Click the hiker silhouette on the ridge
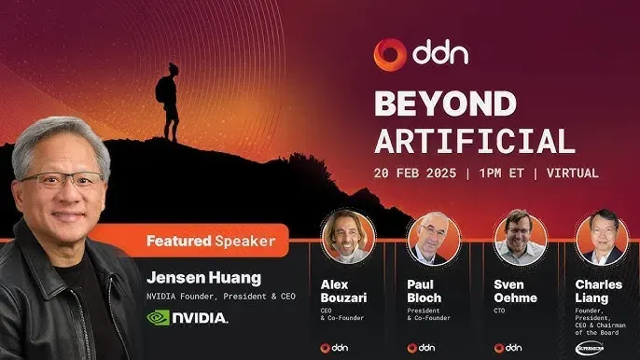point(167,97)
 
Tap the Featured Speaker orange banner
point(209,242)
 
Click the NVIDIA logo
point(187,317)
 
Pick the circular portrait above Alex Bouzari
point(347,237)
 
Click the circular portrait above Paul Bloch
point(434,238)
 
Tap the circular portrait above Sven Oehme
point(520,237)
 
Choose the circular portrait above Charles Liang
point(600,237)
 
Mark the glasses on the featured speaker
point(62,181)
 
